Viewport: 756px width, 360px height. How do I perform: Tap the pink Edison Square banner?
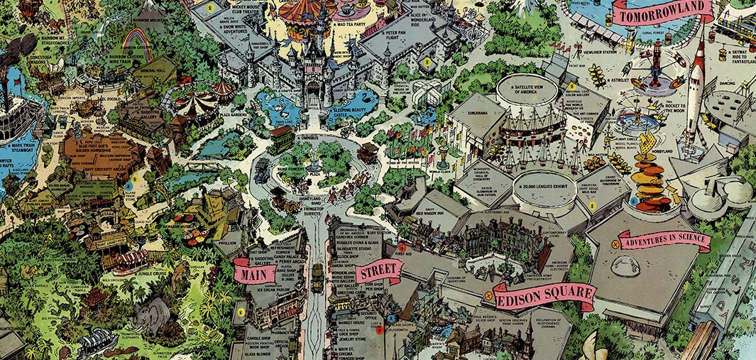click(545, 295)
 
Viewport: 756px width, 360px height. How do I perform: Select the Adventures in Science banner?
click(664, 241)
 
